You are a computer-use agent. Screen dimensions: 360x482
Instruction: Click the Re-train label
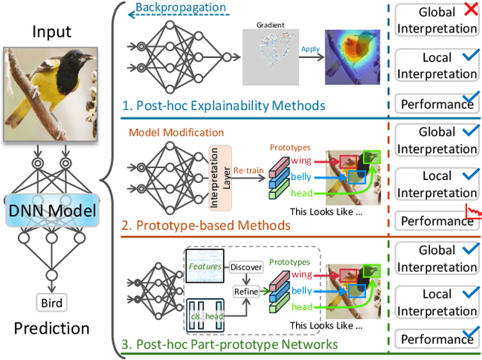(249, 169)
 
